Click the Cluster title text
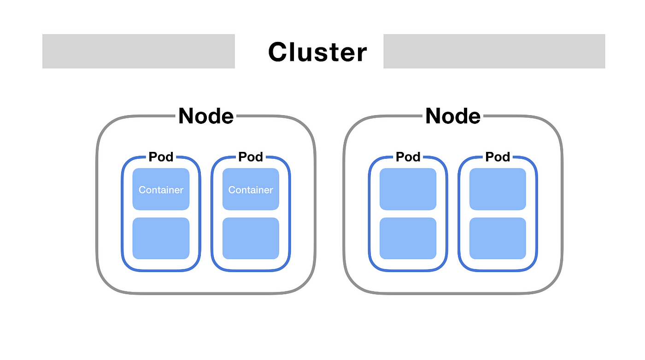tap(317, 52)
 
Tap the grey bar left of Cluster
tap(139, 51)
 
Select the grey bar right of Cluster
tap(494, 51)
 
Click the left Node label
tap(206, 116)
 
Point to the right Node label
tap(453, 116)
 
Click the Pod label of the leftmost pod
tap(161, 157)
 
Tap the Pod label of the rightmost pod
tap(498, 157)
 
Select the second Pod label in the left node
tap(251, 157)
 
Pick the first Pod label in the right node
tap(408, 157)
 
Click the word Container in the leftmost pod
tap(161, 190)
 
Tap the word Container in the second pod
tap(251, 190)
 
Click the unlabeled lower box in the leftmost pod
tap(161, 238)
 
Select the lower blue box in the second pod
tap(251, 238)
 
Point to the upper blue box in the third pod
tap(408, 189)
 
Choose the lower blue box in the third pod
tap(408, 238)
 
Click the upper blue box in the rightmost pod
tap(498, 189)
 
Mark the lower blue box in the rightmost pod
tap(498, 238)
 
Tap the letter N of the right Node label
tap(434, 116)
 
